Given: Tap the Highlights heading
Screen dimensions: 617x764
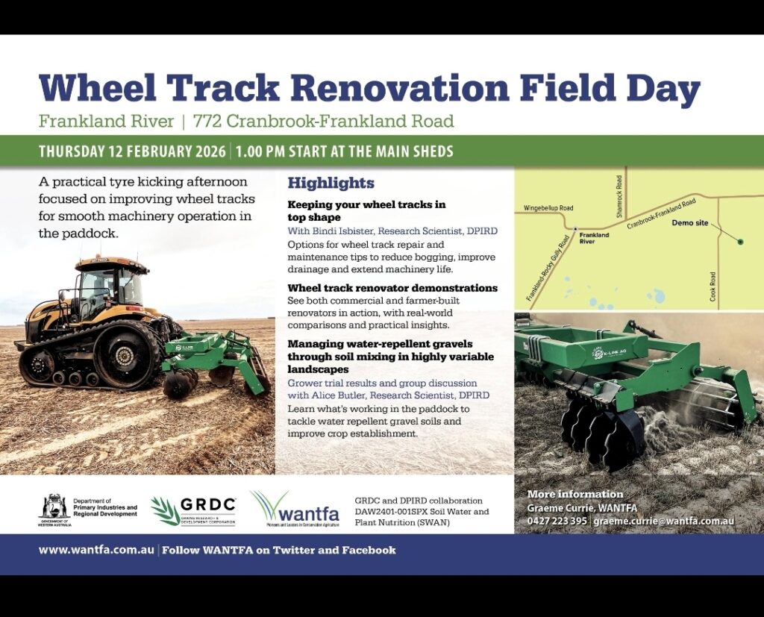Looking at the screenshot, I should pos(331,183).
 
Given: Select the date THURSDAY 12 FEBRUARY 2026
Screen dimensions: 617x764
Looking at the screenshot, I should pos(132,151).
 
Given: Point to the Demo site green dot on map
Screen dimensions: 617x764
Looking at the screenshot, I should pos(740,241).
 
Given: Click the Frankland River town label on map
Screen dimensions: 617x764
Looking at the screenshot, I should pos(594,238).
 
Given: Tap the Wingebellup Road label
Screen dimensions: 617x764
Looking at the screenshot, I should pos(548,208).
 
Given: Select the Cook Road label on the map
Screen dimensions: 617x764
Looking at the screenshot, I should pos(713,286).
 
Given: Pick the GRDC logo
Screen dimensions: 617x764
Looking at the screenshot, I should pos(194,511).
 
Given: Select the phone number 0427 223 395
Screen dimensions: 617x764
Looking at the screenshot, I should pos(557,520).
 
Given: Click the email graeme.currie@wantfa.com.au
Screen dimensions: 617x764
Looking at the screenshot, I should pos(663,520).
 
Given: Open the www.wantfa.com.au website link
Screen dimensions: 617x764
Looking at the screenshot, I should pos(96,551).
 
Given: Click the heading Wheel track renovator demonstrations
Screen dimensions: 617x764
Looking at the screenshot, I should pos(392,288).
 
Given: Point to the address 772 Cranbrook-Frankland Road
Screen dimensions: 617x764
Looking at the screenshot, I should pos(323,121).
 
